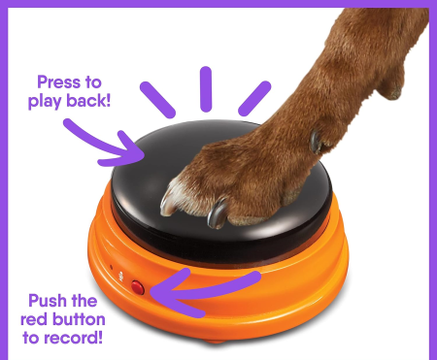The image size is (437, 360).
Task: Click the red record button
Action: [138, 287]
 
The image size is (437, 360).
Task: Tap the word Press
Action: [57, 82]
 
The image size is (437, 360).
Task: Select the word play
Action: [45, 101]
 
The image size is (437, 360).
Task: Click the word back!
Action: [88, 100]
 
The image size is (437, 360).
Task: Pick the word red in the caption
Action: [34, 319]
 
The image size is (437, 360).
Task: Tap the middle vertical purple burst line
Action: [206, 89]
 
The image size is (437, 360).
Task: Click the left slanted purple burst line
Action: [157, 100]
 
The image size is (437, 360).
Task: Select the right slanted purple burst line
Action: [254, 98]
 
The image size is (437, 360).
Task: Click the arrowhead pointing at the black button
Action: [128, 151]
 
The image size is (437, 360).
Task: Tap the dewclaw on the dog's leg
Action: [316, 142]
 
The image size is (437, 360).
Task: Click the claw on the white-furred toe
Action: [167, 204]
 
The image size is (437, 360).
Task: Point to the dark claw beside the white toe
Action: [217, 213]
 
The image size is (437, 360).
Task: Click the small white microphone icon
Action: [121, 277]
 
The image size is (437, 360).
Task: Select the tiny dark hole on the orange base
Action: [112, 267]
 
